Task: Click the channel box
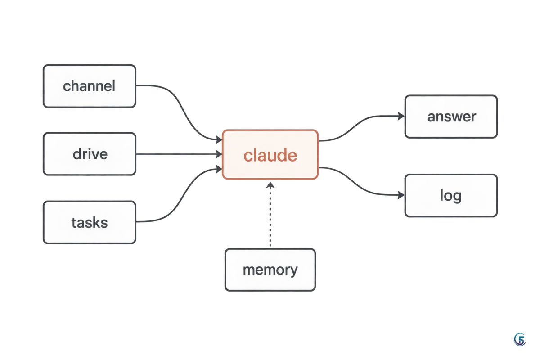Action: [x=90, y=86]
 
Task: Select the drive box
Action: [x=90, y=154]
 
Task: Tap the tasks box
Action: [x=90, y=222]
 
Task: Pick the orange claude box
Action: [x=270, y=154]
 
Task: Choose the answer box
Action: [x=451, y=117]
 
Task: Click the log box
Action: [x=451, y=196]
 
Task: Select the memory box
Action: [x=270, y=270]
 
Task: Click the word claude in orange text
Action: [x=270, y=155]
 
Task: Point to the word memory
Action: [x=270, y=270]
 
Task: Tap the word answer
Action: [x=452, y=117]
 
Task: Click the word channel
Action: [x=89, y=86]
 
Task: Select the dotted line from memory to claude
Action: [x=270, y=215]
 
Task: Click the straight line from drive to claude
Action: [x=179, y=154]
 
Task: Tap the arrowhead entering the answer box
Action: [x=401, y=116]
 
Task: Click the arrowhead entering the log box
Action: [x=401, y=195]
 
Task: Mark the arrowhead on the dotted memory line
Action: [x=270, y=185]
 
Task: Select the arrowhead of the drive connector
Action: [x=219, y=154]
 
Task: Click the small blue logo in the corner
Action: [x=520, y=339]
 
